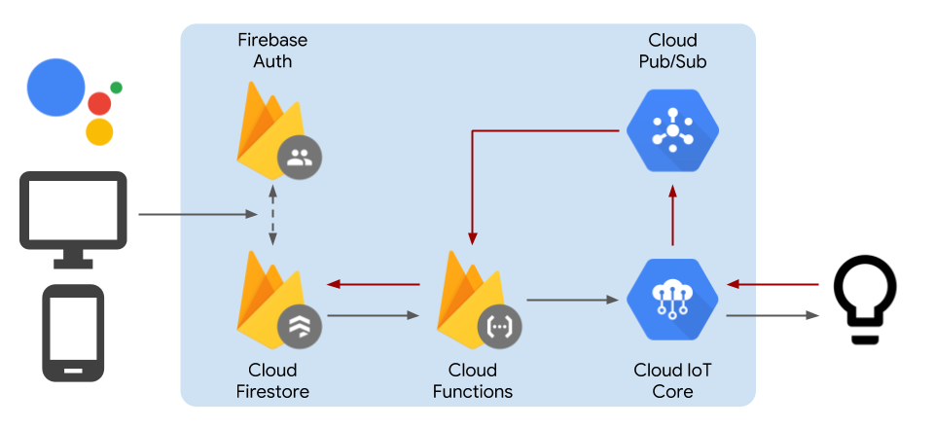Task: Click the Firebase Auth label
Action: (x=272, y=50)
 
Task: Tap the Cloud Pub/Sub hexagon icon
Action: (x=672, y=130)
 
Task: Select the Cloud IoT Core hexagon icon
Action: (x=672, y=300)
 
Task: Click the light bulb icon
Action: (x=865, y=299)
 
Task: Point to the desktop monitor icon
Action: (x=73, y=220)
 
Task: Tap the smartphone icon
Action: (x=73, y=333)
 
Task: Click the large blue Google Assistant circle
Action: (x=56, y=87)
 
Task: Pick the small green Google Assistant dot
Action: (x=116, y=88)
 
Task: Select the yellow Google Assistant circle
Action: (x=99, y=131)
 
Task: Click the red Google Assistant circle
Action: (x=99, y=103)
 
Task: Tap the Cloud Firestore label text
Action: (x=272, y=381)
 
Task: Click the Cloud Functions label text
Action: (x=473, y=381)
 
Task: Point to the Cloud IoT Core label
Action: (x=672, y=381)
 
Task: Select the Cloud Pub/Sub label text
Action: (x=672, y=50)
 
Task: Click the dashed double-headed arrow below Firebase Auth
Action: (x=272, y=214)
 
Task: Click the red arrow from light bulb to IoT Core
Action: (x=772, y=285)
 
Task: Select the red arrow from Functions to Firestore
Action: (x=374, y=285)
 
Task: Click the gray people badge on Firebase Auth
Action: (x=300, y=158)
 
